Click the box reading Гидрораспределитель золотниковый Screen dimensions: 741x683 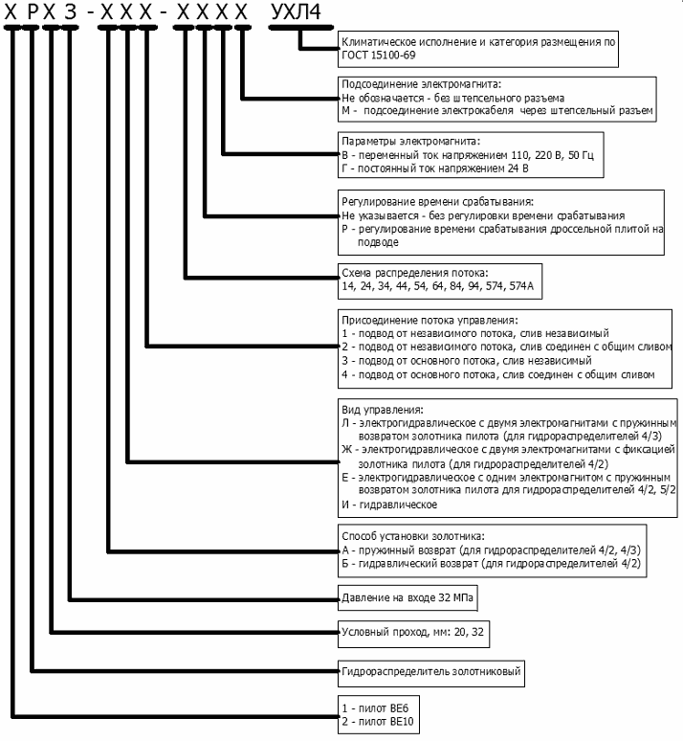[x=431, y=672]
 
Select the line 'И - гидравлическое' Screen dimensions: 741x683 [x=389, y=504]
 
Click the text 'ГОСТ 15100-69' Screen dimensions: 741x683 [x=376, y=56]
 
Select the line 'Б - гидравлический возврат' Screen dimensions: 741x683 [x=492, y=564]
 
